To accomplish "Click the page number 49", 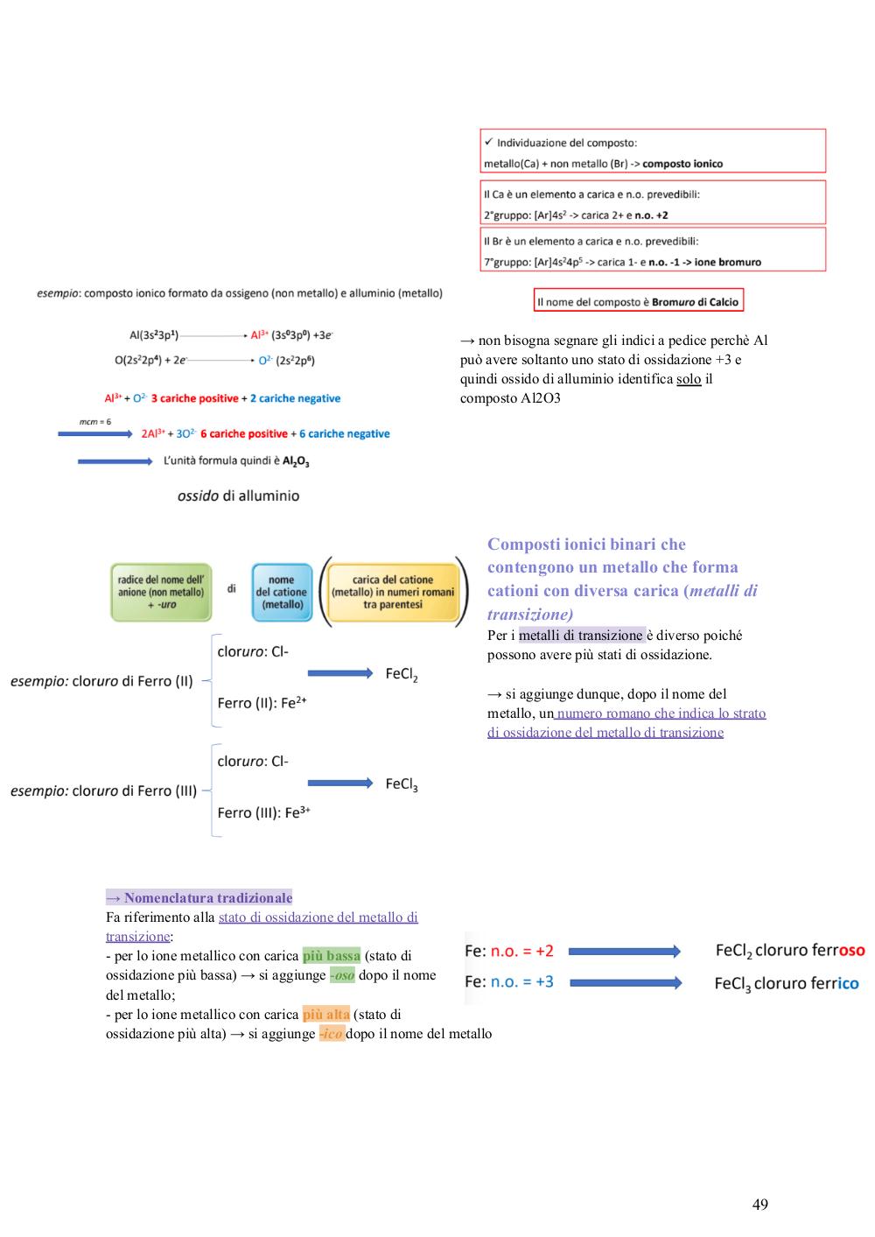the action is tap(759, 1204).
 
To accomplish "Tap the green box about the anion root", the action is tap(161, 592).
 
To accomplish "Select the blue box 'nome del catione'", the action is tap(282, 592).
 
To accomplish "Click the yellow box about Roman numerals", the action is tap(393, 592).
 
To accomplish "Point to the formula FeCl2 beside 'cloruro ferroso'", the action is tap(733, 951).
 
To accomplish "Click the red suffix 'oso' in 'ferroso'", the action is tap(852, 950).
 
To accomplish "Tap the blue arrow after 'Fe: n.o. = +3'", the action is tap(626, 983).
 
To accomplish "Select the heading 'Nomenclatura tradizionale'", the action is tap(208, 897).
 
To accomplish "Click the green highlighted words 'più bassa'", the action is tap(332, 955).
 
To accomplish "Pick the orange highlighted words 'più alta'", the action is tap(325, 1014).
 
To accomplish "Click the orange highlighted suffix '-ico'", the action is tap(332, 1033).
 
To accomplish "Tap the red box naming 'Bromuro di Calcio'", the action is tap(638, 300).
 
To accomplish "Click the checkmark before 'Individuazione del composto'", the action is tap(488, 142).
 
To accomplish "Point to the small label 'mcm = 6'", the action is tap(95, 422).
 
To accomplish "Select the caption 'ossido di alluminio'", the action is tap(239, 496).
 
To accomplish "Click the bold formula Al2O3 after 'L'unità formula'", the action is tap(296, 461).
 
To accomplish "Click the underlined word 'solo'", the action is tap(689, 379).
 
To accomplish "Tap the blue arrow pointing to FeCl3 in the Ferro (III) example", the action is tap(340, 783).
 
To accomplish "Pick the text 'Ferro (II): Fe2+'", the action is tap(262, 702).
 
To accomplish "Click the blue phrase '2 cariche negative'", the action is tap(296, 398).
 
